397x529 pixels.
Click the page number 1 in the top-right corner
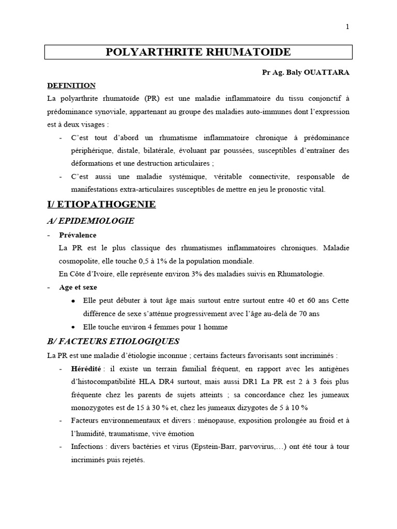tap(347, 27)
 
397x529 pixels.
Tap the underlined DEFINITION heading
tap(71, 85)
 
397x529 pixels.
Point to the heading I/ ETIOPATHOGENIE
tap(101, 205)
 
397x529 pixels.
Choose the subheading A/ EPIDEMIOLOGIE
tap(90, 221)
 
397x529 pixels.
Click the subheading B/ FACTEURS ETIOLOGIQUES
tap(113, 341)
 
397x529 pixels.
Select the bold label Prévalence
tap(78, 235)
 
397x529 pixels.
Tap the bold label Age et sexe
tap(78, 287)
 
